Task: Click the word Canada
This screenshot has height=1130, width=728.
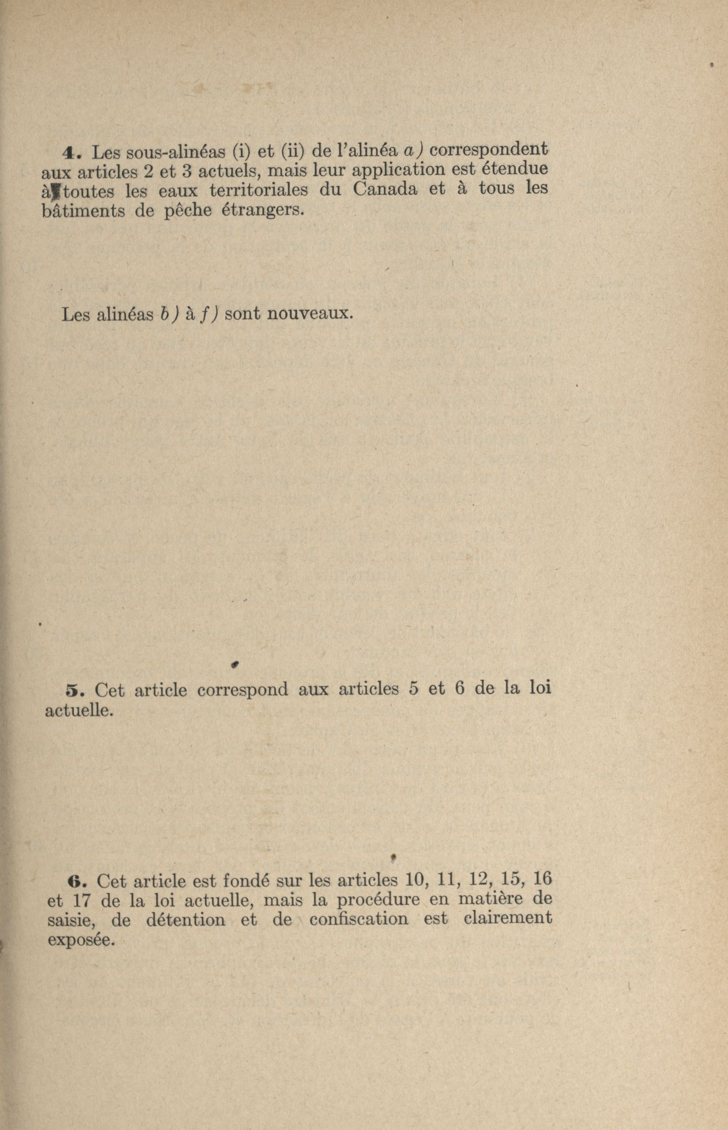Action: pyautogui.click(x=385, y=189)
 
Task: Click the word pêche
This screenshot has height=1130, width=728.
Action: pyautogui.click(x=188, y=210)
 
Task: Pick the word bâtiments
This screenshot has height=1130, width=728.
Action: pyautogui.click(x=84, y=210)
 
